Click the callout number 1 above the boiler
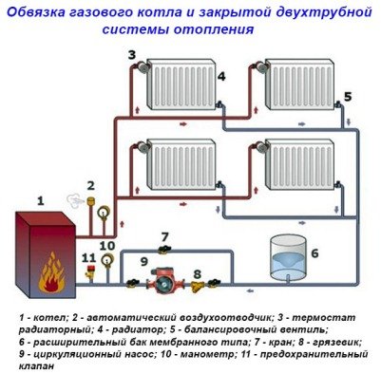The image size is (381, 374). (40, 200)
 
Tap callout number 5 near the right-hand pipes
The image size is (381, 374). (347, 97)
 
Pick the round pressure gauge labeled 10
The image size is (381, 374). (106, 264)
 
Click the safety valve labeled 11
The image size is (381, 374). (89, 273)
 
